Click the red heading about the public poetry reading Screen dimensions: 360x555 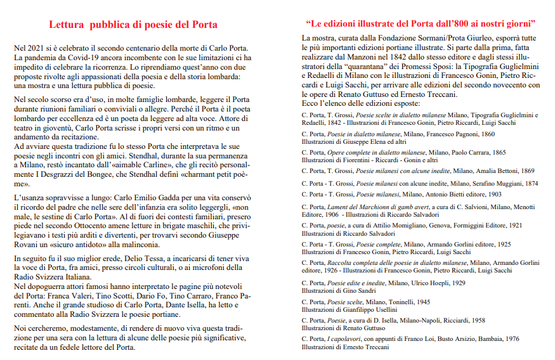(x=133, y=25)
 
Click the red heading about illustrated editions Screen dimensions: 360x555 (x=421, y=24)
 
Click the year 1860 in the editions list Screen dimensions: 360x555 (x=486, y=135)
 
